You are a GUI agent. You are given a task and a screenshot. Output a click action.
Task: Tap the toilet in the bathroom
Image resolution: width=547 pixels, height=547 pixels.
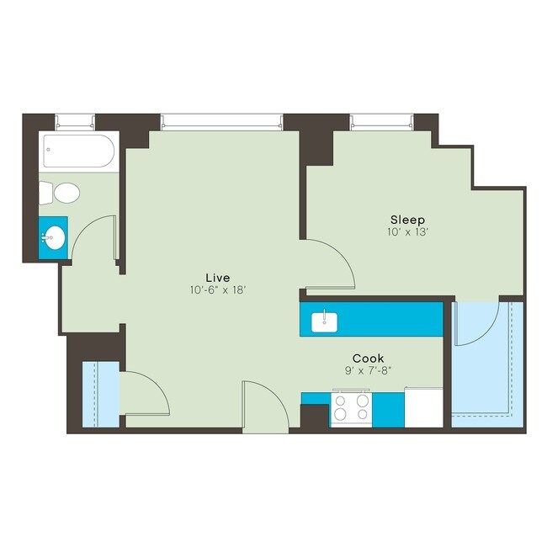[x=64, y=194]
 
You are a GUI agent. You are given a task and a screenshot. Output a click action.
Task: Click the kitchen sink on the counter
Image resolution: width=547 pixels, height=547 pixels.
[x=324, y=321]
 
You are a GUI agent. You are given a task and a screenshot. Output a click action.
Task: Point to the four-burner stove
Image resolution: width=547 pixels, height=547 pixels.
[x=351, y=409]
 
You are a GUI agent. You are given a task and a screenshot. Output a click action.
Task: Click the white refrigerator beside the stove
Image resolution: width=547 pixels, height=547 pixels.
[x=423, y=407]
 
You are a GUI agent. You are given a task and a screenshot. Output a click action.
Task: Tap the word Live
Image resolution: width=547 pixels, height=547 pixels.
[x=217, y=277]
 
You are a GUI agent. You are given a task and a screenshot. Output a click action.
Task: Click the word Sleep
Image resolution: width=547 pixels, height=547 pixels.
[x=407, y=219]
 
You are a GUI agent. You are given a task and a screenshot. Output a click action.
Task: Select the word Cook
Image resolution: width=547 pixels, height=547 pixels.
[x=369, y=357]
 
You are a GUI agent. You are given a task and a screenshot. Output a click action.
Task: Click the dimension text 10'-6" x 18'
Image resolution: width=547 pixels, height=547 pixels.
[x=217, y=290]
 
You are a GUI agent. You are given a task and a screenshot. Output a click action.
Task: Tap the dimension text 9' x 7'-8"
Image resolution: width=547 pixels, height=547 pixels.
[x=369, y=369]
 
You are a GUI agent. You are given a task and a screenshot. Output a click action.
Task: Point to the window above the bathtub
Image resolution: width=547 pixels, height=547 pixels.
[x=74, y=123]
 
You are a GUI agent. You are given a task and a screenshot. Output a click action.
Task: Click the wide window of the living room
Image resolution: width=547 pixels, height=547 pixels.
[x=220, y=123]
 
